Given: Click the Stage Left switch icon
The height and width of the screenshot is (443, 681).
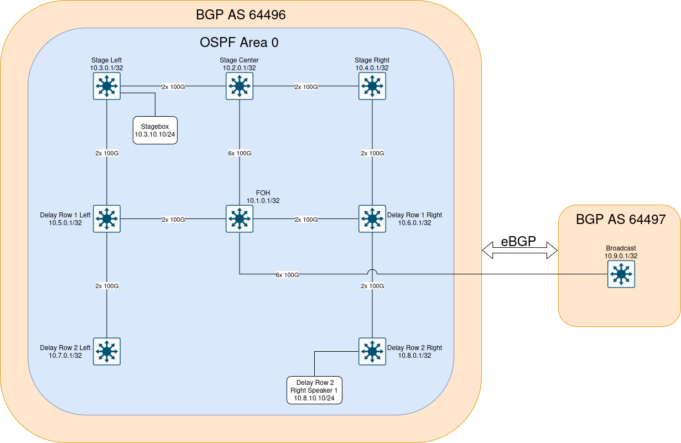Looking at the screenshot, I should click(x=106, y=86).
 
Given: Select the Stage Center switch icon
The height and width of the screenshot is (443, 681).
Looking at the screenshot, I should click(x=239, y=86).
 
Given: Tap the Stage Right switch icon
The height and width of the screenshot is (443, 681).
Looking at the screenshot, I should click(x=372, y=86).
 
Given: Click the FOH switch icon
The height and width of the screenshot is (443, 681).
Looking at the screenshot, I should click(x=239, y=219).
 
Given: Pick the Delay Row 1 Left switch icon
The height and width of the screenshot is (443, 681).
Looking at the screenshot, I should click(x=106, y=219).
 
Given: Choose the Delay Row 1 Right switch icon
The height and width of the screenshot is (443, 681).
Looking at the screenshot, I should click(x=372, y=219).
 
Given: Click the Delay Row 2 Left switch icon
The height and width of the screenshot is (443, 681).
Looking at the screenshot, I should click(x=106, y=352).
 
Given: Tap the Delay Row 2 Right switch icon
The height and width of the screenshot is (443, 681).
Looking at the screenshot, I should click(x=372, y=352).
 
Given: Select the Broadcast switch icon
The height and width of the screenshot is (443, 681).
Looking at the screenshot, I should click(x=621, y=274).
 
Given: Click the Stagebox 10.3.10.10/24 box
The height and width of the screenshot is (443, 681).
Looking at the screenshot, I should click(x=155, y=131).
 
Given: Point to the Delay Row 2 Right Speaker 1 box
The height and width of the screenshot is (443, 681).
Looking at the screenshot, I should click(x=314, y=390).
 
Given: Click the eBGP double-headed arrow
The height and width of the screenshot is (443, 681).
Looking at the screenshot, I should click(x=519, y=249).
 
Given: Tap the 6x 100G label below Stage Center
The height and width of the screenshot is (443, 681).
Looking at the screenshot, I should click(x=240, y=153).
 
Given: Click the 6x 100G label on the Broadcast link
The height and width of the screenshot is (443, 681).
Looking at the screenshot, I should click(x=287, y=275).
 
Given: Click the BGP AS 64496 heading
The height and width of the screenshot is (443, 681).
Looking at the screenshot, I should click(x=241, y=15).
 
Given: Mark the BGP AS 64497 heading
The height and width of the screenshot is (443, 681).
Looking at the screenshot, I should click(x=621, y=220).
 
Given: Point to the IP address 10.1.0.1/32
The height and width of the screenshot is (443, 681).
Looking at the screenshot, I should click(x=263, y=201).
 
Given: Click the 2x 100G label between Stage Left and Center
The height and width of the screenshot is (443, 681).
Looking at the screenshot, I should click(x=173, y=87).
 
